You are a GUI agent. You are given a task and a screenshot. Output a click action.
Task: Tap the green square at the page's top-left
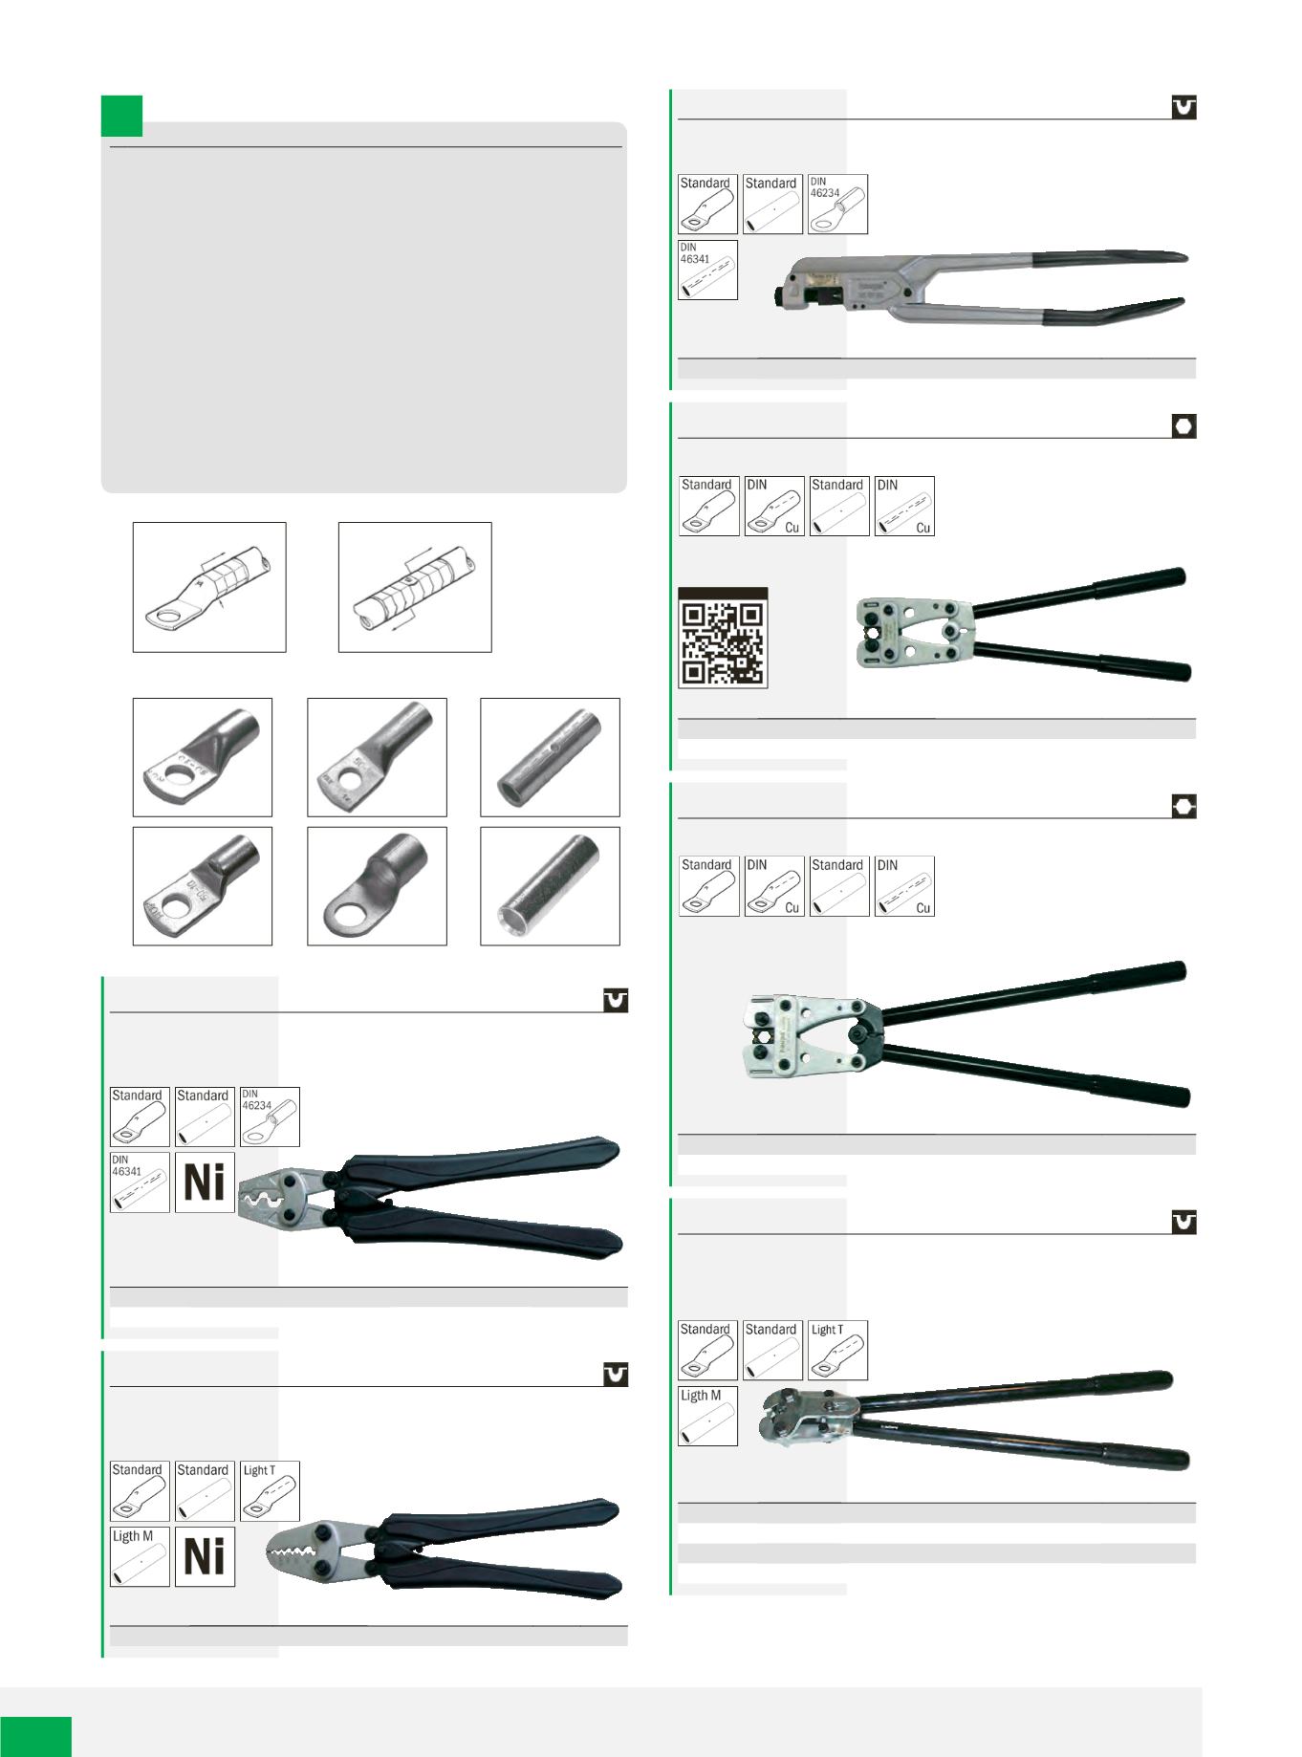point(121,117)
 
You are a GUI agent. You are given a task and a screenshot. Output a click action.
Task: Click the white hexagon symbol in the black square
point(1183,426)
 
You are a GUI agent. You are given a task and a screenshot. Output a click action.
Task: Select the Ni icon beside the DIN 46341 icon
point(205,1182)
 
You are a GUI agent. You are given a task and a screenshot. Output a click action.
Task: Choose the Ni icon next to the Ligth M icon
point(205,1556)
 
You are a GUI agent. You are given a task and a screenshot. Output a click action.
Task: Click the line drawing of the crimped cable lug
point(209,587)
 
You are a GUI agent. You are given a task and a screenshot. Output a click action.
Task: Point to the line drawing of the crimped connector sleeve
point(415,587)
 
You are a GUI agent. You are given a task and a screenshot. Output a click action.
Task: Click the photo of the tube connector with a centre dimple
point(550,757)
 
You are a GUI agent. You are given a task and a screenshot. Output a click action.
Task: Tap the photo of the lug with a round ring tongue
point(377,886)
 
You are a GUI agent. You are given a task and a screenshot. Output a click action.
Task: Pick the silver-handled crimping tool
point(981,287)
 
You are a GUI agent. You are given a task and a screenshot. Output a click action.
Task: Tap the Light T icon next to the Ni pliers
point(270,1490)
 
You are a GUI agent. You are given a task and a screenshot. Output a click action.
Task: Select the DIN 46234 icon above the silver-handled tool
point(837,204)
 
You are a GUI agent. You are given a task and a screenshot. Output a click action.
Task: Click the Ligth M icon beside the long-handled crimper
point(707,1416)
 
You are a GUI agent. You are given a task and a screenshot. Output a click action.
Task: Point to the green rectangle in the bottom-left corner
point(35,1736)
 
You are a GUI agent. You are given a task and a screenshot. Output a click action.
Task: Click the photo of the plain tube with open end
point(550,886)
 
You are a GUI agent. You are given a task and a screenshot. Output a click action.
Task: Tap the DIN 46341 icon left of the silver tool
point(707,270)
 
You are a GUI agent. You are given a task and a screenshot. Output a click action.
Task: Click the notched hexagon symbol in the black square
point(1183,807)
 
